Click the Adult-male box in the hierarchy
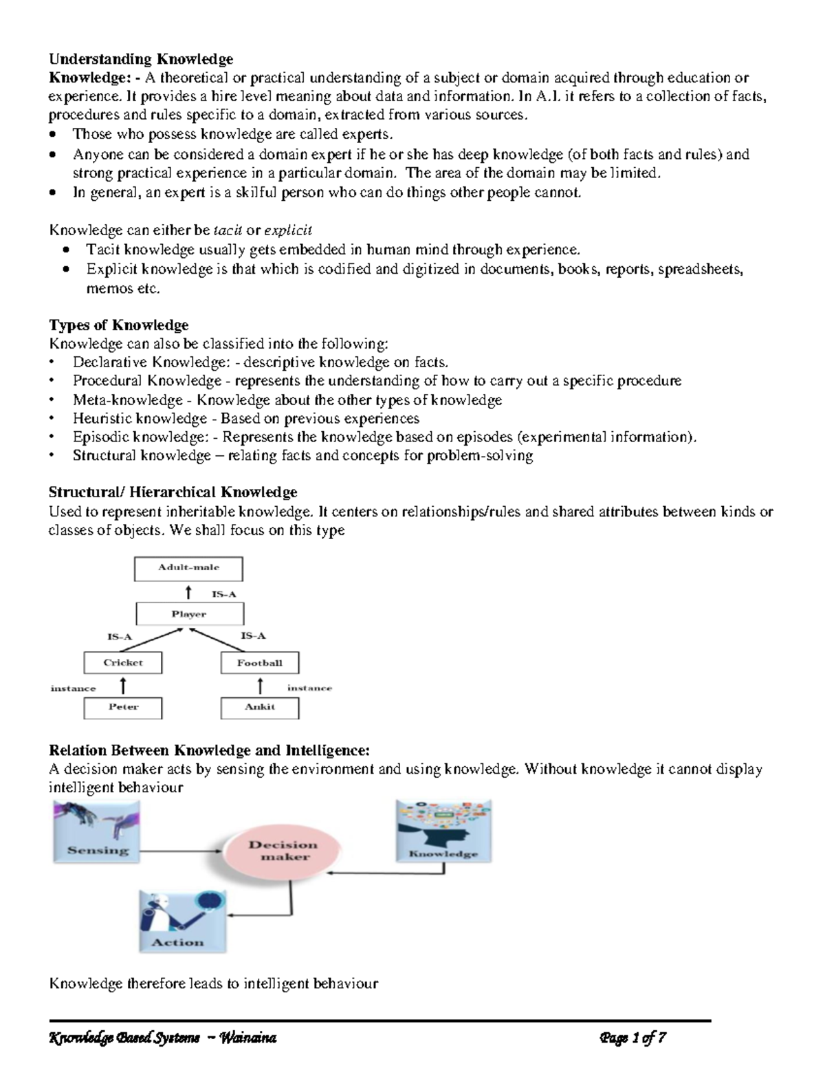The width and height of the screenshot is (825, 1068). [188, 568]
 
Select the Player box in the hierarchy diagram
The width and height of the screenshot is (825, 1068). [189, 614]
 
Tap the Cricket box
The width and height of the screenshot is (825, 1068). [123, 663]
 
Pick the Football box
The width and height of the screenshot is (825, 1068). [260, 663]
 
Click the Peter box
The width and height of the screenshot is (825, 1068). [123, 707]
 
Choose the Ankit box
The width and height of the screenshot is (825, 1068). [260, 707]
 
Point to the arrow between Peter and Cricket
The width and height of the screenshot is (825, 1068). [123, 685]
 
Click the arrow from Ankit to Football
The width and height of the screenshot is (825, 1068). [260, 685]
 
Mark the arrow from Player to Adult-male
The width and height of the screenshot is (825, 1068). [189, 591]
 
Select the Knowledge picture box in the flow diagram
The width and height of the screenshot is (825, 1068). [443, 830]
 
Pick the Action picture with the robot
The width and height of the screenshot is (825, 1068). [182, 920]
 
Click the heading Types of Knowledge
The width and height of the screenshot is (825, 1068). [118, 325]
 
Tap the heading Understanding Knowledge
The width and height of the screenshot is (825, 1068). [141, 59]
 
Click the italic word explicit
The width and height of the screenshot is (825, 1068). [288, 230]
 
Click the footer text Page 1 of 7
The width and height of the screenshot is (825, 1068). [632, 1038]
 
